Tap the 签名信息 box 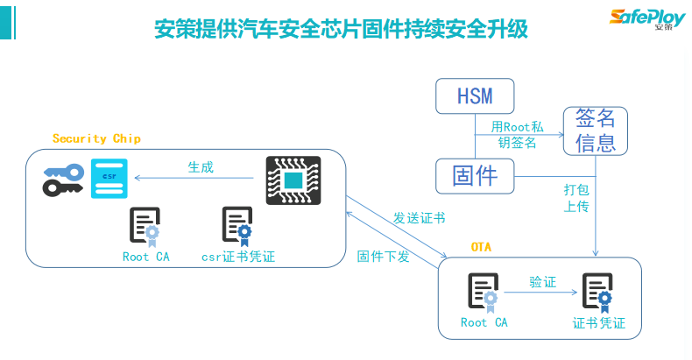tap(597, 130)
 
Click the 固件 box tap(474, 176)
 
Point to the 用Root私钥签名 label tap(518, 135)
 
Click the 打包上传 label tap(575, 198)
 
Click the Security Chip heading tap(96, 138)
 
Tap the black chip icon tap(293, 180)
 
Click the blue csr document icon tap(109, 178)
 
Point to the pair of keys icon tap(63, 179)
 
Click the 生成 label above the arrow tap(201, 166)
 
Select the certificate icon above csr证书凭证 tap(237, 226)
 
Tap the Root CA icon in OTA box tap(484, 293)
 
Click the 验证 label tap(542, 282)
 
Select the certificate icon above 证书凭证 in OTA tap(599, 293)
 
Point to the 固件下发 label tap(384, 257)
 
